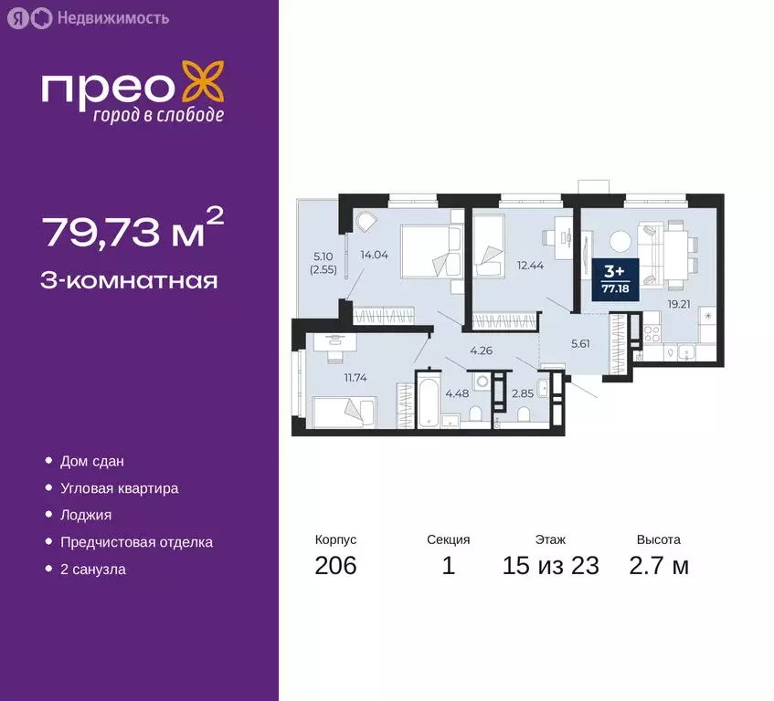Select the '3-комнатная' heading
pos(130,280)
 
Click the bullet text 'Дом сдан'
pos(92,462)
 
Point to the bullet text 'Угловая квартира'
pos(119,488)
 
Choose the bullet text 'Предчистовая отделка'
pos(136,542)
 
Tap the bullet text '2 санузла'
pos(93,569)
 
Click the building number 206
pos(335,566)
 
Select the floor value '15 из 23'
pos(550,566)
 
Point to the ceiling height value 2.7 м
pos(659,566)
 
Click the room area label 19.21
pos(677,305)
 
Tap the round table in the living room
pos(620,241)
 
